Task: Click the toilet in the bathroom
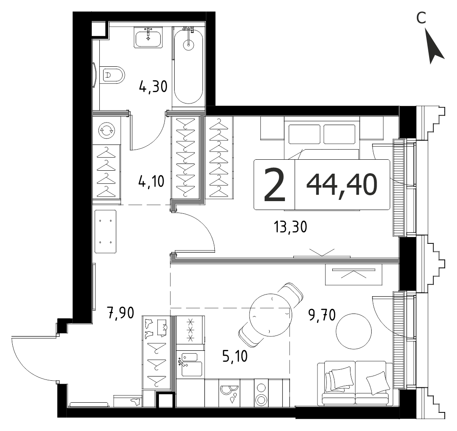(x=112, y=75)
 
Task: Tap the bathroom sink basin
(x=148, y=37)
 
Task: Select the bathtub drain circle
(x=188, y=44)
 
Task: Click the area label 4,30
(x=153, y=87)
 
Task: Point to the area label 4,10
(x=151, y=181)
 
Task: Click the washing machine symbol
(x=107, y=130)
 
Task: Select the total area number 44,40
(x=342, y=184)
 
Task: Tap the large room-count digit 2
(x=274, y=185)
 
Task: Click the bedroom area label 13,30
(x=290, y=226)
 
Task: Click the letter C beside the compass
(x=421, y=18)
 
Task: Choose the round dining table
(x=271, y=314)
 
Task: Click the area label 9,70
(x=322, y=315)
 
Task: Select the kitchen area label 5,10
(x=235, y=356)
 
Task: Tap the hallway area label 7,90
(x=120, y=313)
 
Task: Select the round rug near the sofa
(x=354, y=331)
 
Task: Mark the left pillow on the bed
(x=304, y=134)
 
